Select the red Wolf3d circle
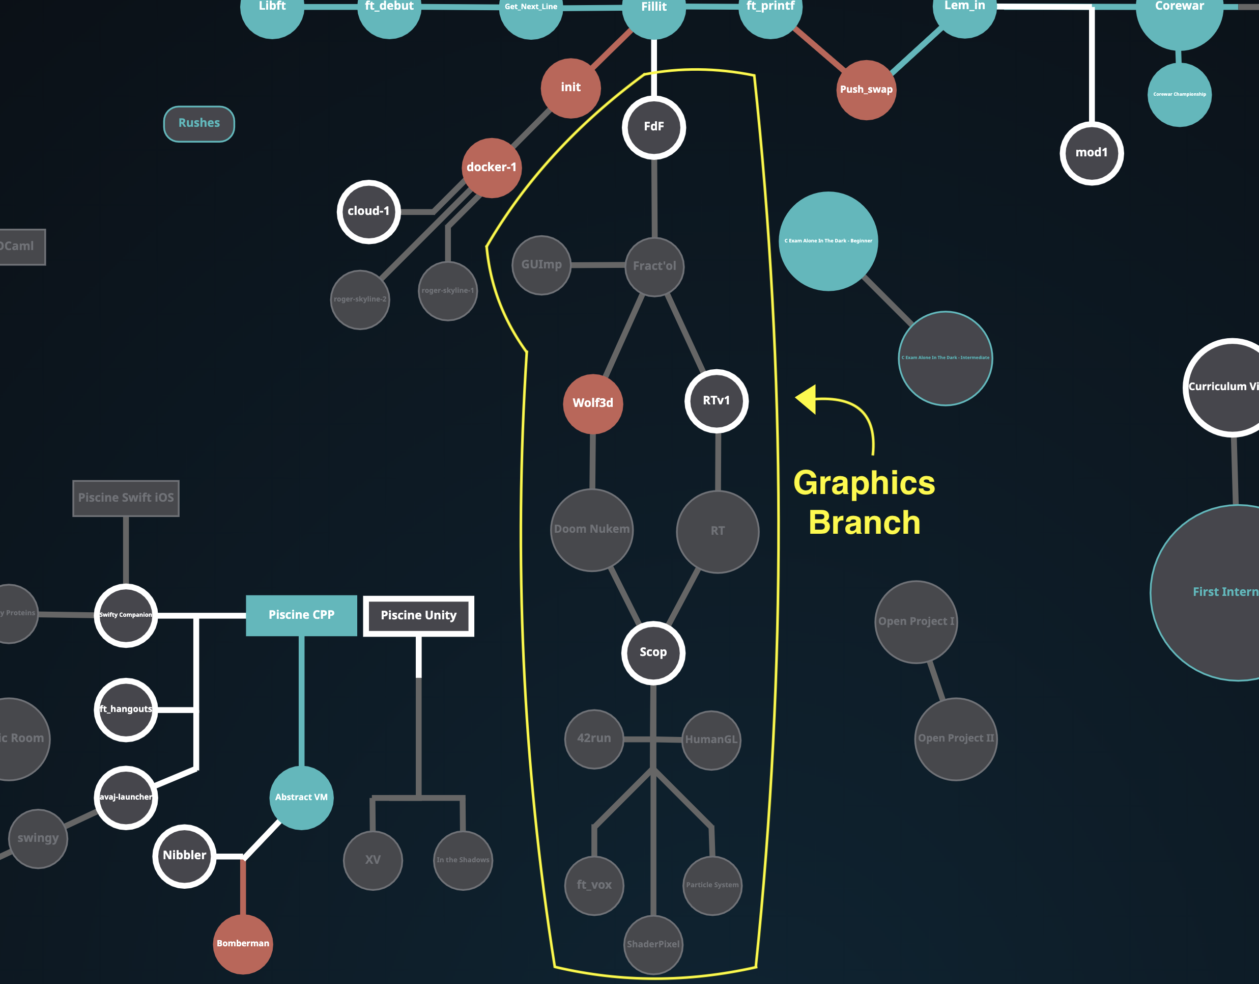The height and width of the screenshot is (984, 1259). point(593,404)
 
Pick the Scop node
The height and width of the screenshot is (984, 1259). point(653,653)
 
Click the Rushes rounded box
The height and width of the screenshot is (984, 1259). point(199,123)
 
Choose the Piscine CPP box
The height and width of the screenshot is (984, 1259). point(301,615)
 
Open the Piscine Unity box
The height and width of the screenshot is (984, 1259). point(418,616)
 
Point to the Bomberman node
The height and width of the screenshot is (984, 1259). point(243,944)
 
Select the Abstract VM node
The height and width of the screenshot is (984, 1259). point(301,798)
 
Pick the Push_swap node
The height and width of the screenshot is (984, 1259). point(866,90)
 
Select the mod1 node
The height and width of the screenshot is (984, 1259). point(1091,153)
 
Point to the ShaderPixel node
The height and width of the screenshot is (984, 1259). point(653,945)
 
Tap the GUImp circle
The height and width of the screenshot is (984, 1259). point(541,265)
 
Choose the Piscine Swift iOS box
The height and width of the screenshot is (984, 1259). point(126,498)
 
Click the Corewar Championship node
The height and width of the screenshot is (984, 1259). point(1180,95)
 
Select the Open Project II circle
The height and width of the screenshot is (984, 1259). point(956,739)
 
